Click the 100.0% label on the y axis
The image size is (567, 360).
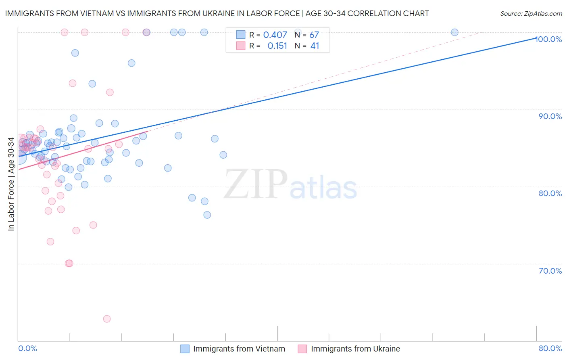point(549,39)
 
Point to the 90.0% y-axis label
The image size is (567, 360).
point(550,116)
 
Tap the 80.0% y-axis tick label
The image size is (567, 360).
point(550,193)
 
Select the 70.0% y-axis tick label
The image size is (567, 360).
point(550,271)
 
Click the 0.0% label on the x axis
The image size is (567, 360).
point(27,348)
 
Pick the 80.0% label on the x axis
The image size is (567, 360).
point(550,348)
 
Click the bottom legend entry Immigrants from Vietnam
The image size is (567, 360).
point(239,349)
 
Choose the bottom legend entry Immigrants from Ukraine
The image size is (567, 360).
point(355,349)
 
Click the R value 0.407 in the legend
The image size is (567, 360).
point(275,35)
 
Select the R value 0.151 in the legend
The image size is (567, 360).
point(277,46)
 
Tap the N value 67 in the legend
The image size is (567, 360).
point(314,35)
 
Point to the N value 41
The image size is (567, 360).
point(315,46)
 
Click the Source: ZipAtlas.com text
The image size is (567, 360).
point(531,14)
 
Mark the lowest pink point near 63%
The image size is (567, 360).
point(107,319)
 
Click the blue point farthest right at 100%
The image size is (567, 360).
point(454,32)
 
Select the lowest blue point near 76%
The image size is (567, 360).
point(207,215)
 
